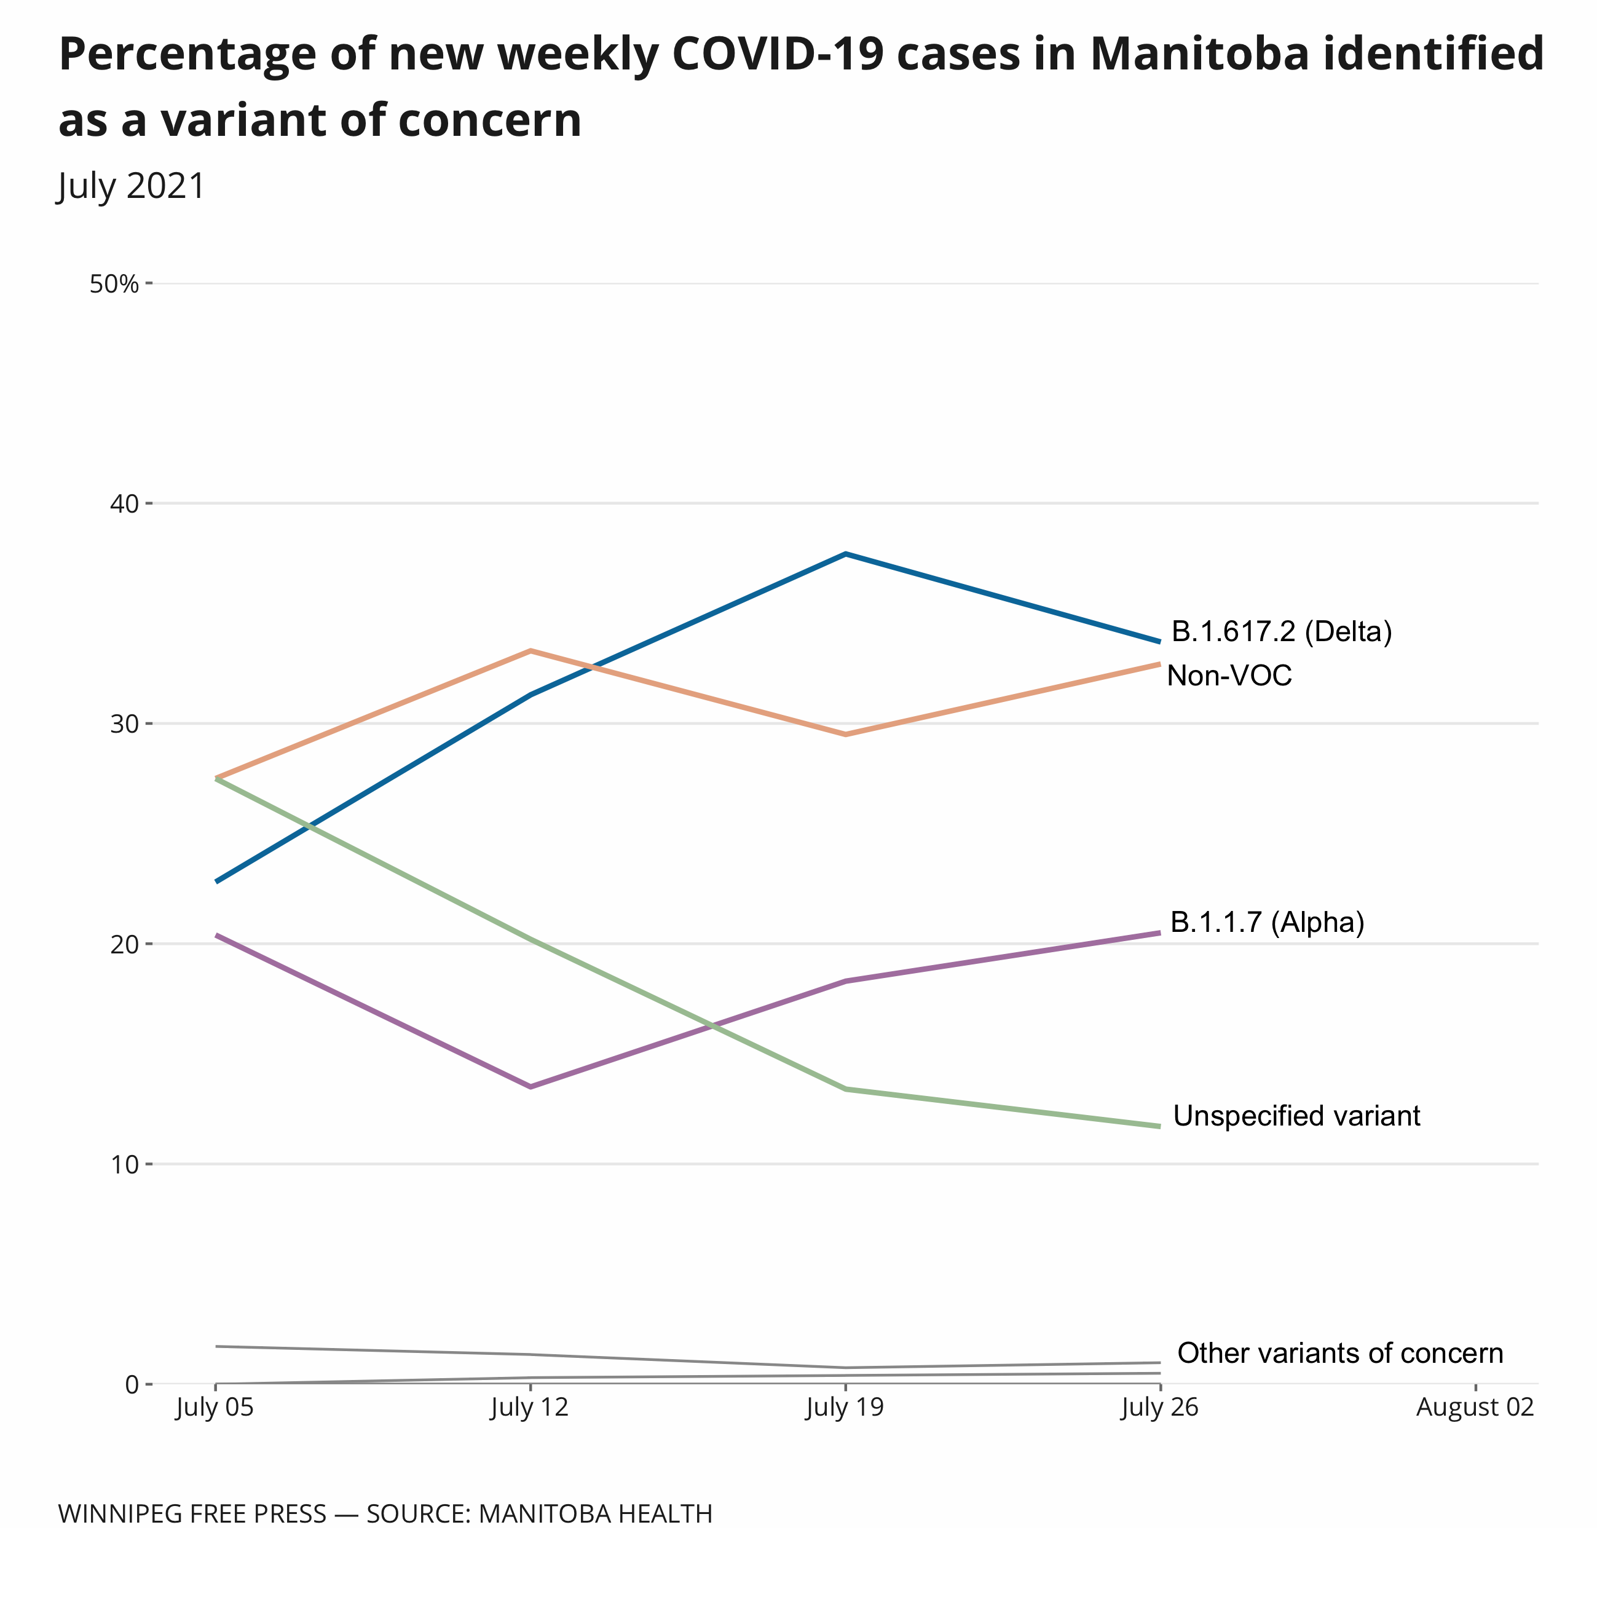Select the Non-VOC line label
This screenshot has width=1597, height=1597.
tap(1229, 676)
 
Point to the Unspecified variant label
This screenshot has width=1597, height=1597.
tap(1297, 1116)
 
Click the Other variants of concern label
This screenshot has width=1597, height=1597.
tap(1340, 1353)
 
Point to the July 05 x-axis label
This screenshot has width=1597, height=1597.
tap(215, 1408)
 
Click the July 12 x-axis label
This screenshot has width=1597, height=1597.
tap(530, 1408)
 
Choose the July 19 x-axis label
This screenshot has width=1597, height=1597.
tap(845, 1408)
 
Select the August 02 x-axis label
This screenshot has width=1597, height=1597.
tap(1475, 1408)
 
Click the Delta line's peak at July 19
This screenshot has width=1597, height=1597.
tap(845, 554)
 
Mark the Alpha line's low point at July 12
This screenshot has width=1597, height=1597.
tap(530, 1087)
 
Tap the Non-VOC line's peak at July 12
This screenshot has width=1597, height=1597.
tap(530, 652)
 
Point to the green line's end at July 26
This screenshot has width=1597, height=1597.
tap(1159, 1126)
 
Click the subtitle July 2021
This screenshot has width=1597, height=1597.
tap(130, 186)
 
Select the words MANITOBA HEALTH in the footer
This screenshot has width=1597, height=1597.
tap(595, 1513)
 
